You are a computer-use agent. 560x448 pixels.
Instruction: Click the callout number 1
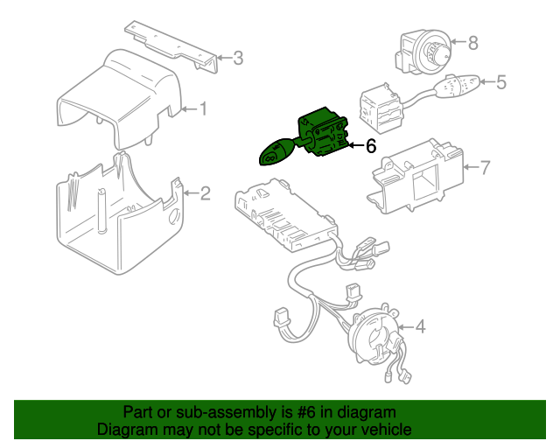coord(203,108)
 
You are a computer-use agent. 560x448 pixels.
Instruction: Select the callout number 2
coord(206,193)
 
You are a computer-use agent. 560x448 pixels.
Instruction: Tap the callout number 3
coord(238,58)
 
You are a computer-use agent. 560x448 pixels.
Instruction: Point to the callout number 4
coord(420,327)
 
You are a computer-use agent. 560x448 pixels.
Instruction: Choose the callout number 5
coord(501,82)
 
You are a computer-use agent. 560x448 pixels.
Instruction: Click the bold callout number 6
coord(371,146)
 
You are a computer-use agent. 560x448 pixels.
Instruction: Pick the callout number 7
coord(485,167)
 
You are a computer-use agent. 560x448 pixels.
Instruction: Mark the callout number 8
coord(472,43)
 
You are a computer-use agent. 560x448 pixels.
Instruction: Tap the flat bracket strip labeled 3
coord(171,46)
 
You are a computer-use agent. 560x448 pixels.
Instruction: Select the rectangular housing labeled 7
coord(416,176)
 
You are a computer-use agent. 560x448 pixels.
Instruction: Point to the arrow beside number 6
coord(356,145)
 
